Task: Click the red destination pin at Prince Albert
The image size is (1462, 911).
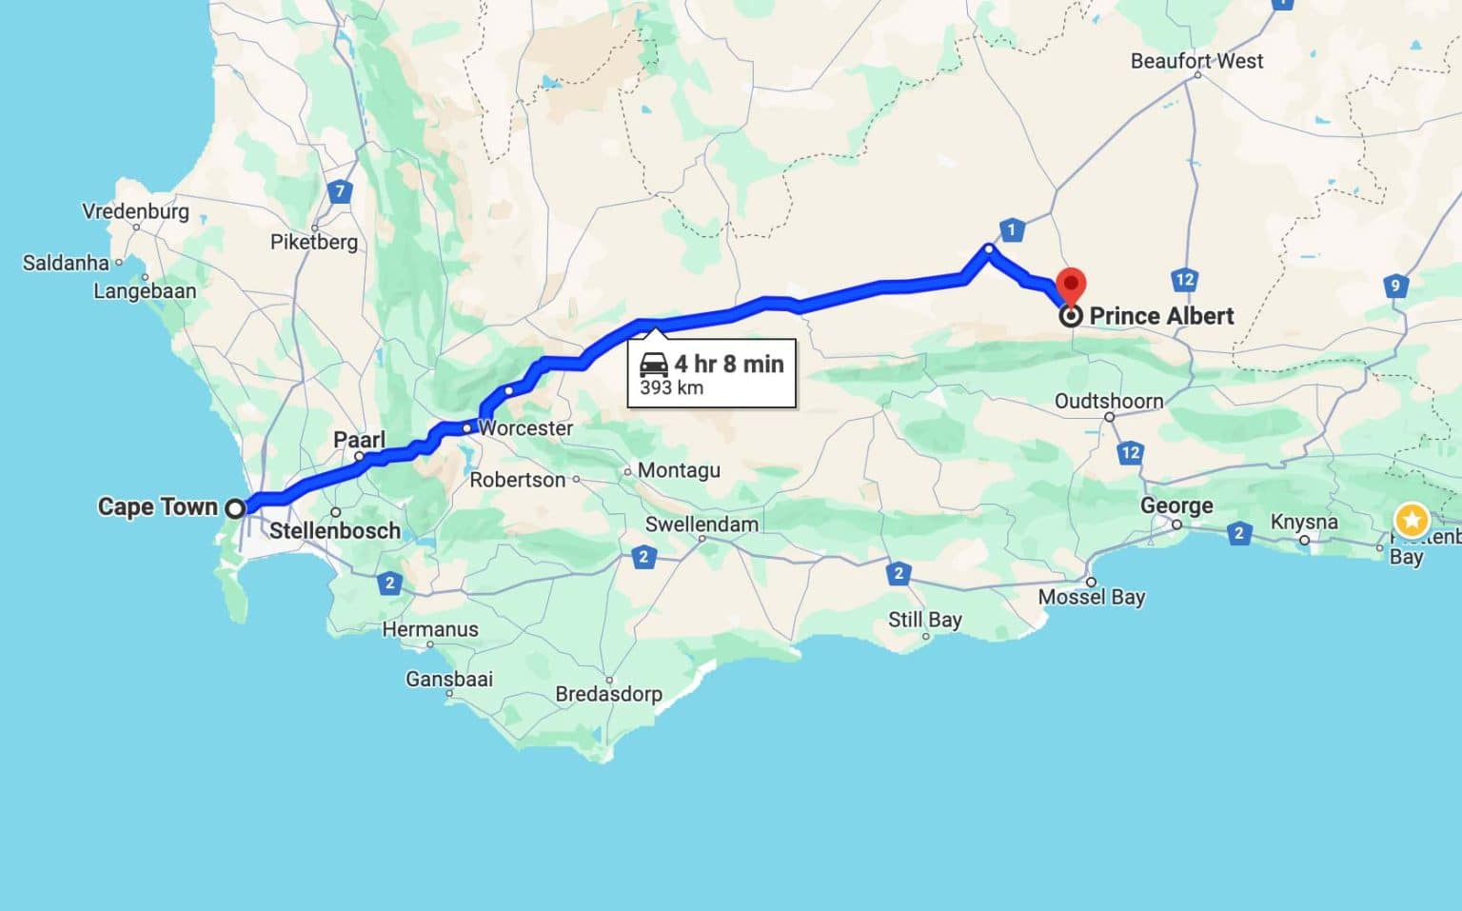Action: point(1072,285)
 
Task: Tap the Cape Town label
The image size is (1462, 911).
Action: point(158,506)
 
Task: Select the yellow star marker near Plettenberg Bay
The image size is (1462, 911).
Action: point(1411,520)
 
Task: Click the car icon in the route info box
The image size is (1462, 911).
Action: point(654,364)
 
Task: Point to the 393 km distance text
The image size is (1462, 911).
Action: point(671,387)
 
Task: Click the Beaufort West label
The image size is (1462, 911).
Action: point(1196,61)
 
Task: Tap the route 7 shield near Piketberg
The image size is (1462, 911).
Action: point(340,191)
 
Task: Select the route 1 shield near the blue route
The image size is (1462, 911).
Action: point(1011,229)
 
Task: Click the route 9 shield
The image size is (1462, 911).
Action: point(1395,285)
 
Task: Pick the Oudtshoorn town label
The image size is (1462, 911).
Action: point(1109,401)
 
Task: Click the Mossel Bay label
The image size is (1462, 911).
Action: point(1091,597)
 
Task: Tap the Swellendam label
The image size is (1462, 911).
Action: point(701,525)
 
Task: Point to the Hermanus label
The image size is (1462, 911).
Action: point(430,629)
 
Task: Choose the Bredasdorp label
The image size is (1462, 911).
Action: point(608,694)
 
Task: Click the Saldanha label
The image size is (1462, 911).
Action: point(66,263)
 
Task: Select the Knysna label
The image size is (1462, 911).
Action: point(1304,523)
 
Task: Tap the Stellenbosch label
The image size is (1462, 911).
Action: point(335,530)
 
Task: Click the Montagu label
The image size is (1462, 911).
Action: point(679,470)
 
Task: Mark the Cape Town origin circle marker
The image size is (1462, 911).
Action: point(235,508)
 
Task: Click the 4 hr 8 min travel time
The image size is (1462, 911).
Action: point(729,364)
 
